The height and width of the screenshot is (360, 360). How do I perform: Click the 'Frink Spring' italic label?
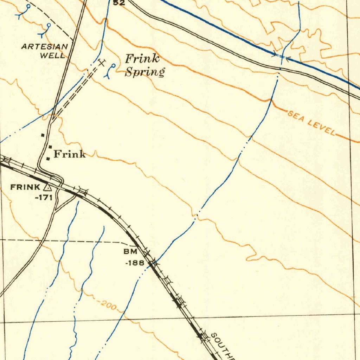[144, 65]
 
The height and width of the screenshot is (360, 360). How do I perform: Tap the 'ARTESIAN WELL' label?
[45, 51]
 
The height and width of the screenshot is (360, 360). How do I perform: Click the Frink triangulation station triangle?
[47, 187]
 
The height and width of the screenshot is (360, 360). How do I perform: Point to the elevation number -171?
[44, 197]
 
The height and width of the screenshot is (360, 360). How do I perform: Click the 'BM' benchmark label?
[128, 252]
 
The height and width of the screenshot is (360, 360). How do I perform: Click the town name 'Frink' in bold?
[69, 154]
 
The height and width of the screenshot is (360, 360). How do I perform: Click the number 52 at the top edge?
[119, 3]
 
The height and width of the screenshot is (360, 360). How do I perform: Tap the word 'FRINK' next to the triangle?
[25, 187]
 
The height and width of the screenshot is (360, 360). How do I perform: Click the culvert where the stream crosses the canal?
[281, 57]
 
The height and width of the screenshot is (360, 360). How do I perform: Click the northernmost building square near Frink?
[43, 135]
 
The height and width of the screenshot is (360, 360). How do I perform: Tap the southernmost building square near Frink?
[48, 159]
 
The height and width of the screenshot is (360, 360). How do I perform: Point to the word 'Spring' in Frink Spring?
[145, 72]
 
